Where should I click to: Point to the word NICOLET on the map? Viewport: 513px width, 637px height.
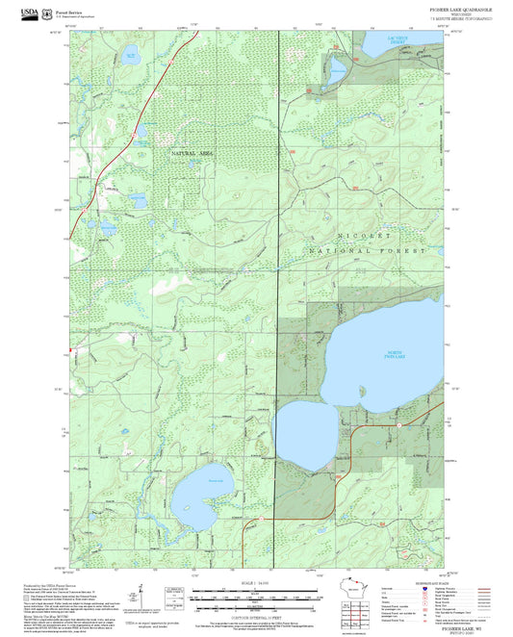point(364,235)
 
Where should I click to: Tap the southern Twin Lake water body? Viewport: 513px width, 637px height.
point(302,433)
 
